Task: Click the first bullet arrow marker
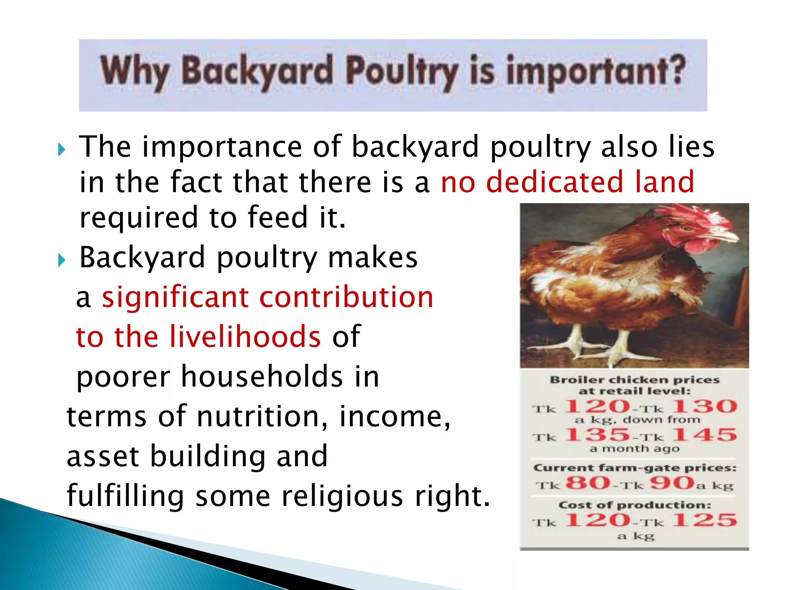pos(61,149)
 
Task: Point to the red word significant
pos(175,298)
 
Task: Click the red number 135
pos(597,435)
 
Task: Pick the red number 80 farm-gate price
pos(588,483)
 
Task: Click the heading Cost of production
pos(634,505)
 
